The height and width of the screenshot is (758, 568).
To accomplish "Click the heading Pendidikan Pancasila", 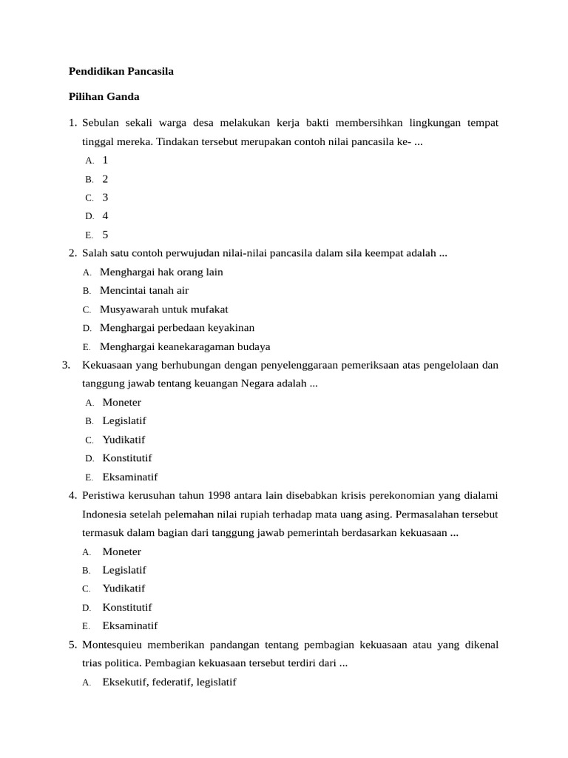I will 121,72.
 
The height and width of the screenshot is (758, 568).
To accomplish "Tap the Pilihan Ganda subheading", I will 104,96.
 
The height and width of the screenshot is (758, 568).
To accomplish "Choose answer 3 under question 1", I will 105,197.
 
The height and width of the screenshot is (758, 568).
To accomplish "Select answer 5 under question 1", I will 105,235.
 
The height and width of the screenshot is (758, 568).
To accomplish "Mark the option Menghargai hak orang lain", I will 161,272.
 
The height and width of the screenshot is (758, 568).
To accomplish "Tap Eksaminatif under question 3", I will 130,477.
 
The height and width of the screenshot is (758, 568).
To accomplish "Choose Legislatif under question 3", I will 124,420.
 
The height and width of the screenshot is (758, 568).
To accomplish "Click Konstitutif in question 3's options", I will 127,458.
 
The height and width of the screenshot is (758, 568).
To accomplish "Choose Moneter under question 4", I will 121,551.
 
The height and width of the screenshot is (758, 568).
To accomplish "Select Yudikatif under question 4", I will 124,588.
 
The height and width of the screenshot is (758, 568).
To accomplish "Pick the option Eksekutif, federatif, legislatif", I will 169,682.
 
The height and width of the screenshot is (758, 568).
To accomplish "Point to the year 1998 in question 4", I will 220,495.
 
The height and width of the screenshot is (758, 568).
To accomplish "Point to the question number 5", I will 72,645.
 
